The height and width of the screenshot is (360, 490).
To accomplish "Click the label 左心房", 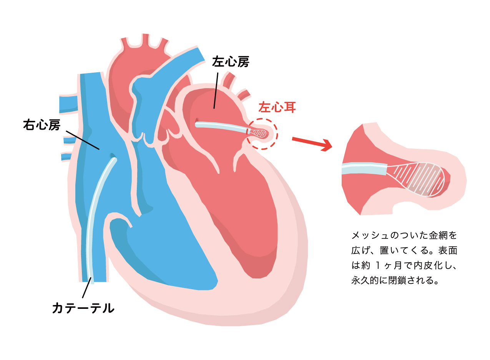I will click(x=231, y=62).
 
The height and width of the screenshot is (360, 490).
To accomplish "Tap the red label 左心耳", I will click(x=277, y=107).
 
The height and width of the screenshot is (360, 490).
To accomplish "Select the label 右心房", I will click(x=42, y=125).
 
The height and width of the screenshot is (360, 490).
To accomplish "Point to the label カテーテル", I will click(x=83, y=308).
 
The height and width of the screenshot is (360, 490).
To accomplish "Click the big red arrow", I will click(x=312, y=143).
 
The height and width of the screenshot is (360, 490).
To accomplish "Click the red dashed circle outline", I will click(x=262, y=119).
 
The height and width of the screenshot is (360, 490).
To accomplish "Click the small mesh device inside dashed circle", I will click(x=259, y=133).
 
